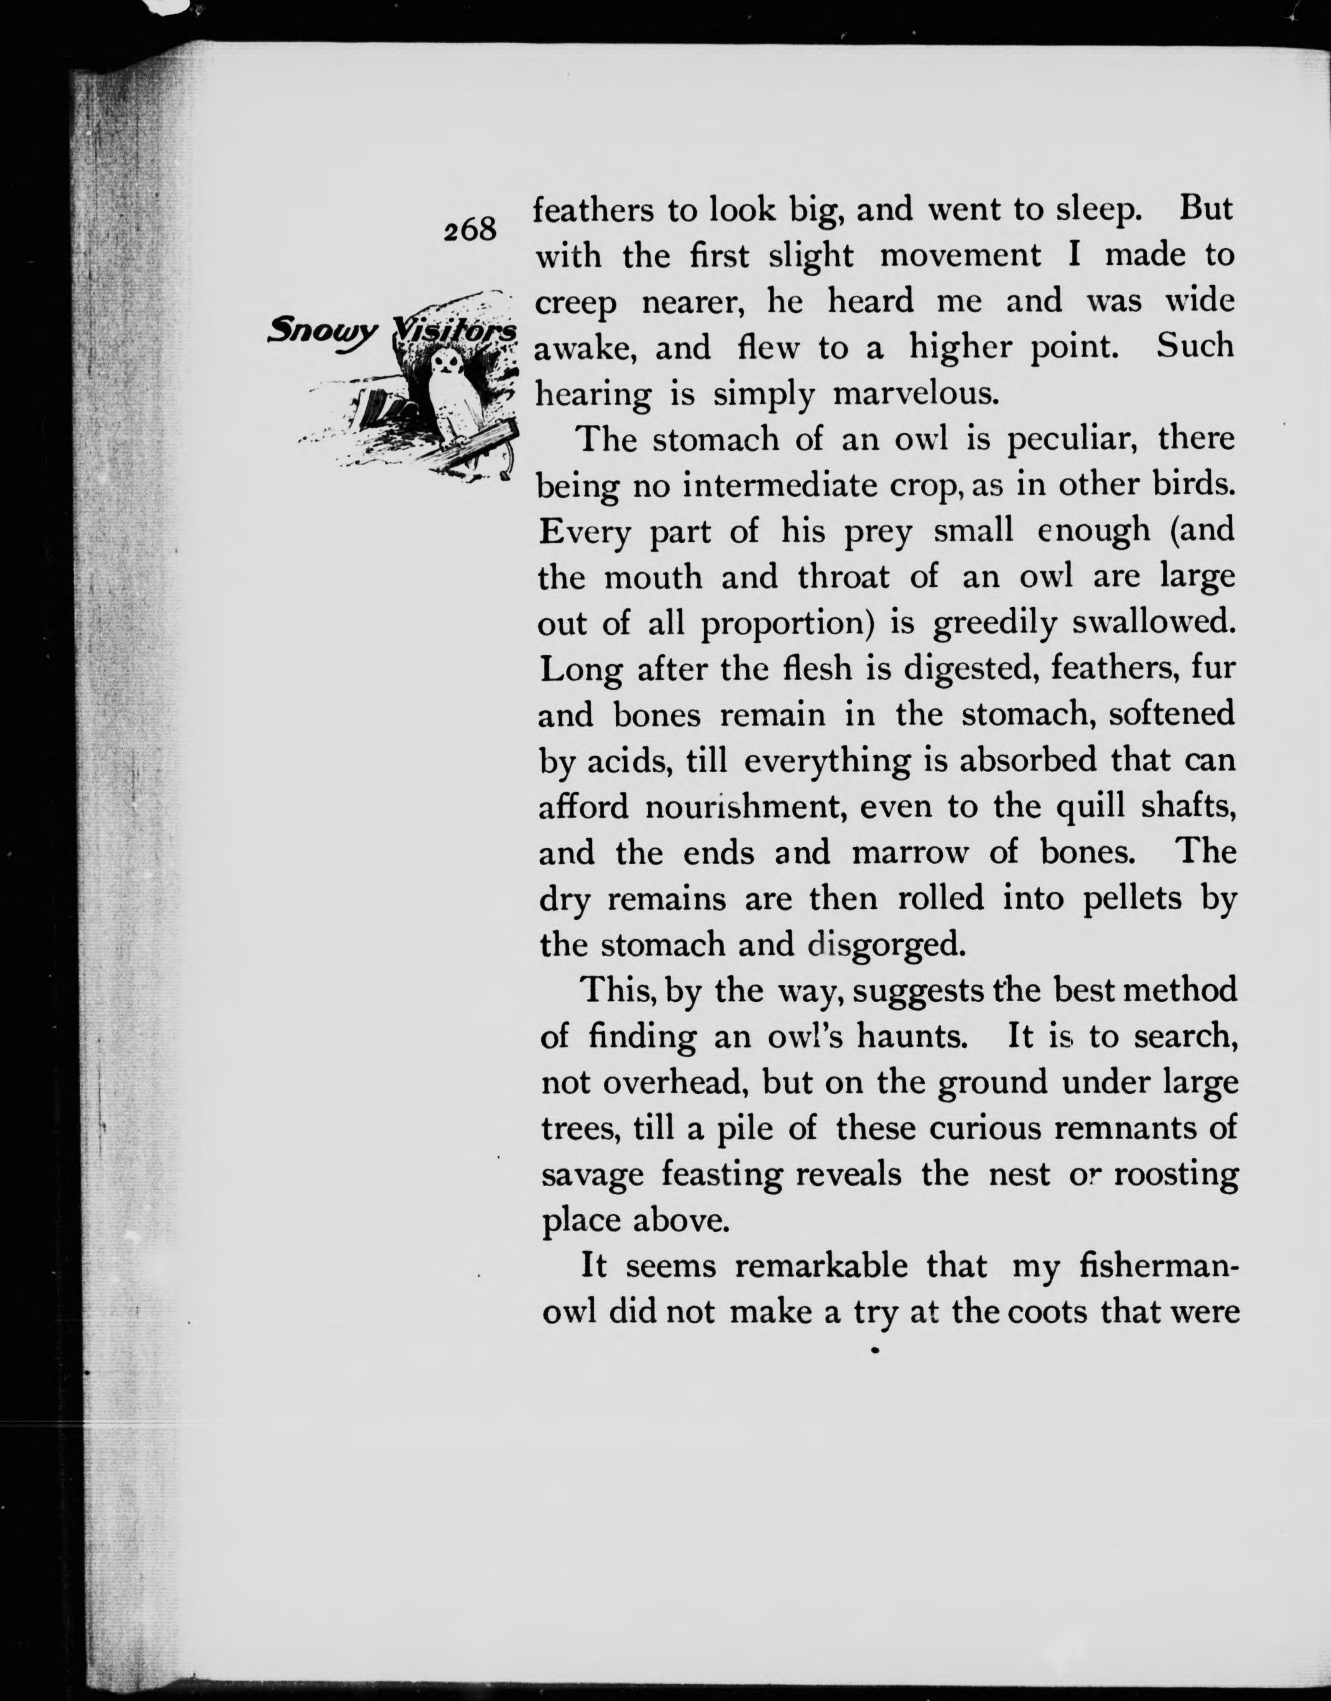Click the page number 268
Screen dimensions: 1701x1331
(x=470, y=230)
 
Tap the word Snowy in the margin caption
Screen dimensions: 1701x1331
(x=322, y=333)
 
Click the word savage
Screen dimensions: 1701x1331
(x=592, y=1175)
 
